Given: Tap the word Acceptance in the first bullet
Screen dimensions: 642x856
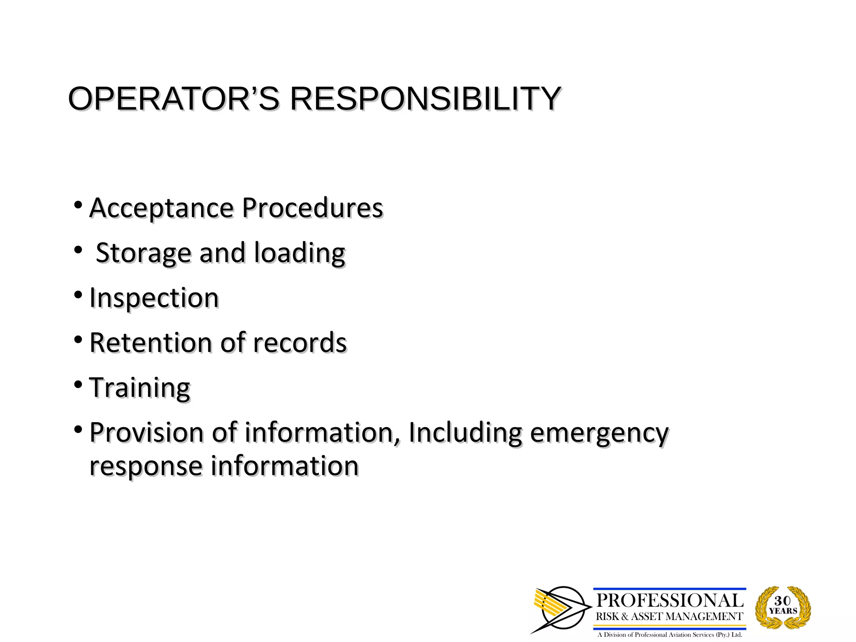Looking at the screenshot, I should click(162, 208).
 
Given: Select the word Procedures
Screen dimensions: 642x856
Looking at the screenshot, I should click(312, 208).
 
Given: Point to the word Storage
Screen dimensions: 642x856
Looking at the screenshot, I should click(143, 253).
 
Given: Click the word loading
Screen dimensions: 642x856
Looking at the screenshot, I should click(300, 253).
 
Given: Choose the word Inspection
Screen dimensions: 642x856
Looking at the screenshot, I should click(154, 298).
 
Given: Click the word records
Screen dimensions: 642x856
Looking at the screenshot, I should click(300, 343).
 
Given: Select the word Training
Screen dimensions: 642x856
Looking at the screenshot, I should click(140, 388).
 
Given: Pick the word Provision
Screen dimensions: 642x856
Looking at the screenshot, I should click(146, 433).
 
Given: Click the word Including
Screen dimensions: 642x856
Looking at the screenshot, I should click(465, 433).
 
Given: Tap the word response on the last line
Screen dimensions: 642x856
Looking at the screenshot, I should click(146, 466).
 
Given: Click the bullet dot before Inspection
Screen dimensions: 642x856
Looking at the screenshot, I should click(78, 296).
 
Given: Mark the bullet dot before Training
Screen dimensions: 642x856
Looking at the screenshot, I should click(78, 385).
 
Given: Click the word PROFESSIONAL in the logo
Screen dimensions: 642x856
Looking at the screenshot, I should click(670, 601).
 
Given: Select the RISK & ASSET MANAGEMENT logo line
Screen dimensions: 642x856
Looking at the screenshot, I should click(670, 617).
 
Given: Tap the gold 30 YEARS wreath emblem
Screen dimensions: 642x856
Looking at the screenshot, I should click(783, 607).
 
